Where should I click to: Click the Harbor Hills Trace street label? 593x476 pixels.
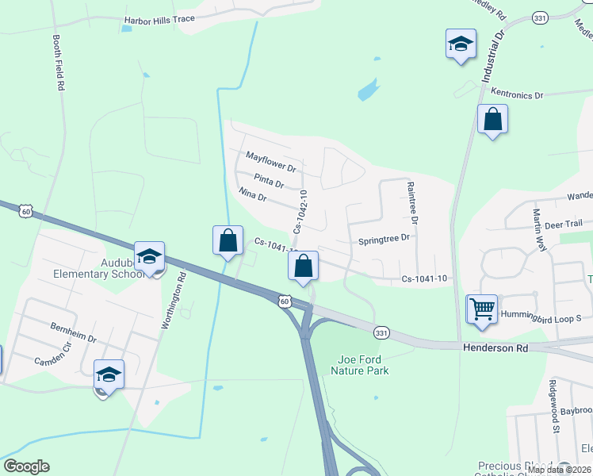click(159, 20)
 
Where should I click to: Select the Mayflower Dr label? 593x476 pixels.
click(270, 162)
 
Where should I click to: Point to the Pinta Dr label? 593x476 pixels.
click(269, 183)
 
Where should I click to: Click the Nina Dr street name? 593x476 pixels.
click(252, 196)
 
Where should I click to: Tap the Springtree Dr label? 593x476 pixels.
click(384, 238)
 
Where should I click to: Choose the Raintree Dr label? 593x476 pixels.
click(412, 203)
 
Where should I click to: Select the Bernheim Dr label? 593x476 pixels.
click(73, 332)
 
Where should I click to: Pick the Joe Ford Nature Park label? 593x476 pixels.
click(363, 364)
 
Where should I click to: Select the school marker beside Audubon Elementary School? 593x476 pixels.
click(149, 256)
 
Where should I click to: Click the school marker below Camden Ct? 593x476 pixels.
click(109, 374)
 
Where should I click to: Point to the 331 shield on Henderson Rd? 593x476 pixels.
click(382, 332)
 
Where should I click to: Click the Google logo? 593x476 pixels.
click(26, 466)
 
